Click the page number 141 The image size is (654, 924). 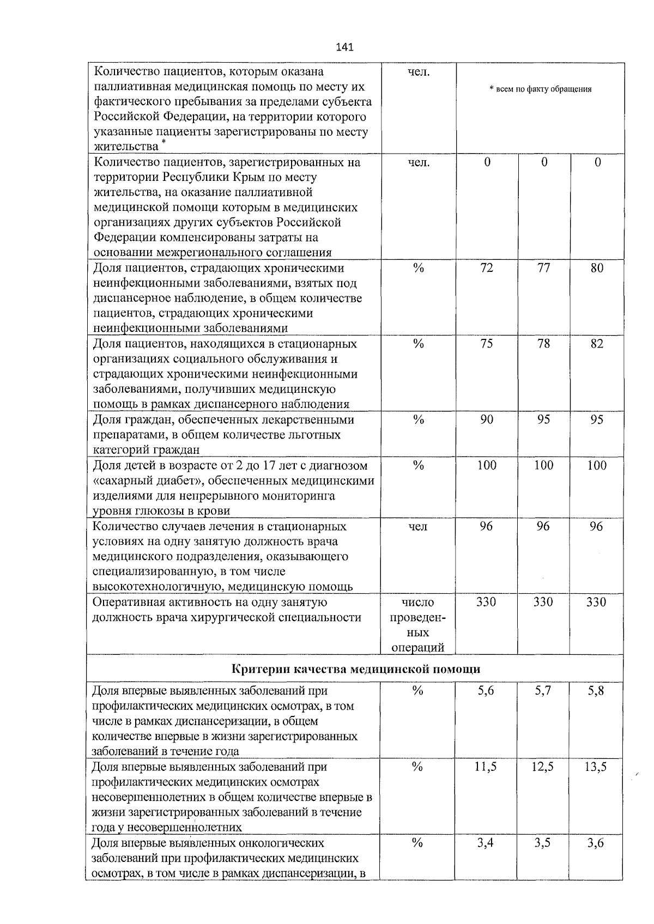pos(345,47)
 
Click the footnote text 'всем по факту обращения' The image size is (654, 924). pos(541,89)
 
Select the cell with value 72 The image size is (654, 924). pos(487,268)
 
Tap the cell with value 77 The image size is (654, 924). pos(543,268)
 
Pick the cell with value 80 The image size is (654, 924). pos(597,268)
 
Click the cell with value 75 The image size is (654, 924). pos(487,344)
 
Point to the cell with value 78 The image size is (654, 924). pos(543,344)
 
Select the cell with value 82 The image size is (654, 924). pos(597,344)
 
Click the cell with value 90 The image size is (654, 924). pos(487,420)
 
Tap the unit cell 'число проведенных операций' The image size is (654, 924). pos(418,625)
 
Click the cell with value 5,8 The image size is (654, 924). pos(596,691)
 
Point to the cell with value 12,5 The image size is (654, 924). pos(543,767)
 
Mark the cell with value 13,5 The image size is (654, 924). pos(596,767)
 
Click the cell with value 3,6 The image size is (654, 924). pos(596,843)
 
